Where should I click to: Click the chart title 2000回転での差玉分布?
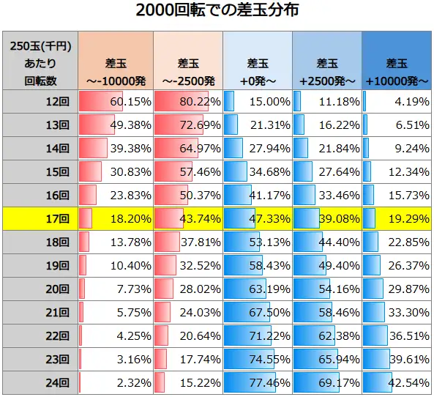coord(217,12)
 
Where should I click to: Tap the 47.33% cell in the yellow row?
coord(258,218)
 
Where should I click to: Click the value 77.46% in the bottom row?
coord(258,382)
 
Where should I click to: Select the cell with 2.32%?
coord(115,382)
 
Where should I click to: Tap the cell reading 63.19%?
coord(258,289)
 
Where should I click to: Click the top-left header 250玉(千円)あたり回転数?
coord(40,64)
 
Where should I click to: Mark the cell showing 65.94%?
coord(327,359)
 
